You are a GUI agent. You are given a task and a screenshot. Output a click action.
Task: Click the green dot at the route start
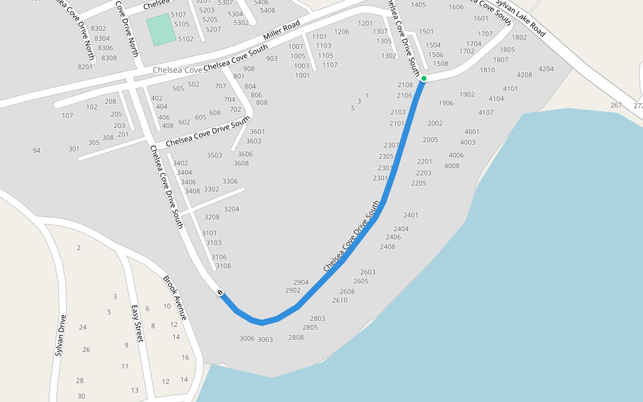point(424,79)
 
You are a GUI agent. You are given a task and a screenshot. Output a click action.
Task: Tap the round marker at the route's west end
point(220,292)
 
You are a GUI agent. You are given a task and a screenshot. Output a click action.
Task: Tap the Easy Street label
point(137,323)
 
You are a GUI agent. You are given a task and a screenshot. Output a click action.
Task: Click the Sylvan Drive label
point(60,334)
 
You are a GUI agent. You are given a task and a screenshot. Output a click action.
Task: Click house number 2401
point(411,215)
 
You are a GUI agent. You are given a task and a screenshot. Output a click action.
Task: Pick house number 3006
point(247,338)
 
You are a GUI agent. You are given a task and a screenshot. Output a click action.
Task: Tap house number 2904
point(301,282)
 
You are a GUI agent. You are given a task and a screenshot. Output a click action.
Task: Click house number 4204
point(546,68)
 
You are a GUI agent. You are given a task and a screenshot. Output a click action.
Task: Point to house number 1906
point(446,103)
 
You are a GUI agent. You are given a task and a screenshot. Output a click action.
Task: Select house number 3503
point(214,155)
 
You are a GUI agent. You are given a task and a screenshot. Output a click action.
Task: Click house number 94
point(36,151)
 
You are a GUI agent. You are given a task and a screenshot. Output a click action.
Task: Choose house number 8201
point(85,66)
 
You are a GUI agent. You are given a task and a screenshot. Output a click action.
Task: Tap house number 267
point(616,105)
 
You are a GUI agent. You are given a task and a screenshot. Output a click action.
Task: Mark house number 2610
point(340,300)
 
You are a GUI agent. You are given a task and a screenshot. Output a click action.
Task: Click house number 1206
point(342,31)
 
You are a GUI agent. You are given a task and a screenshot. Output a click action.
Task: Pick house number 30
point(81,396)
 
